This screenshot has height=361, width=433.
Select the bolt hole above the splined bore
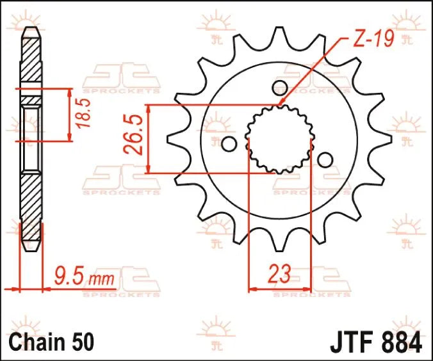(279, 87)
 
